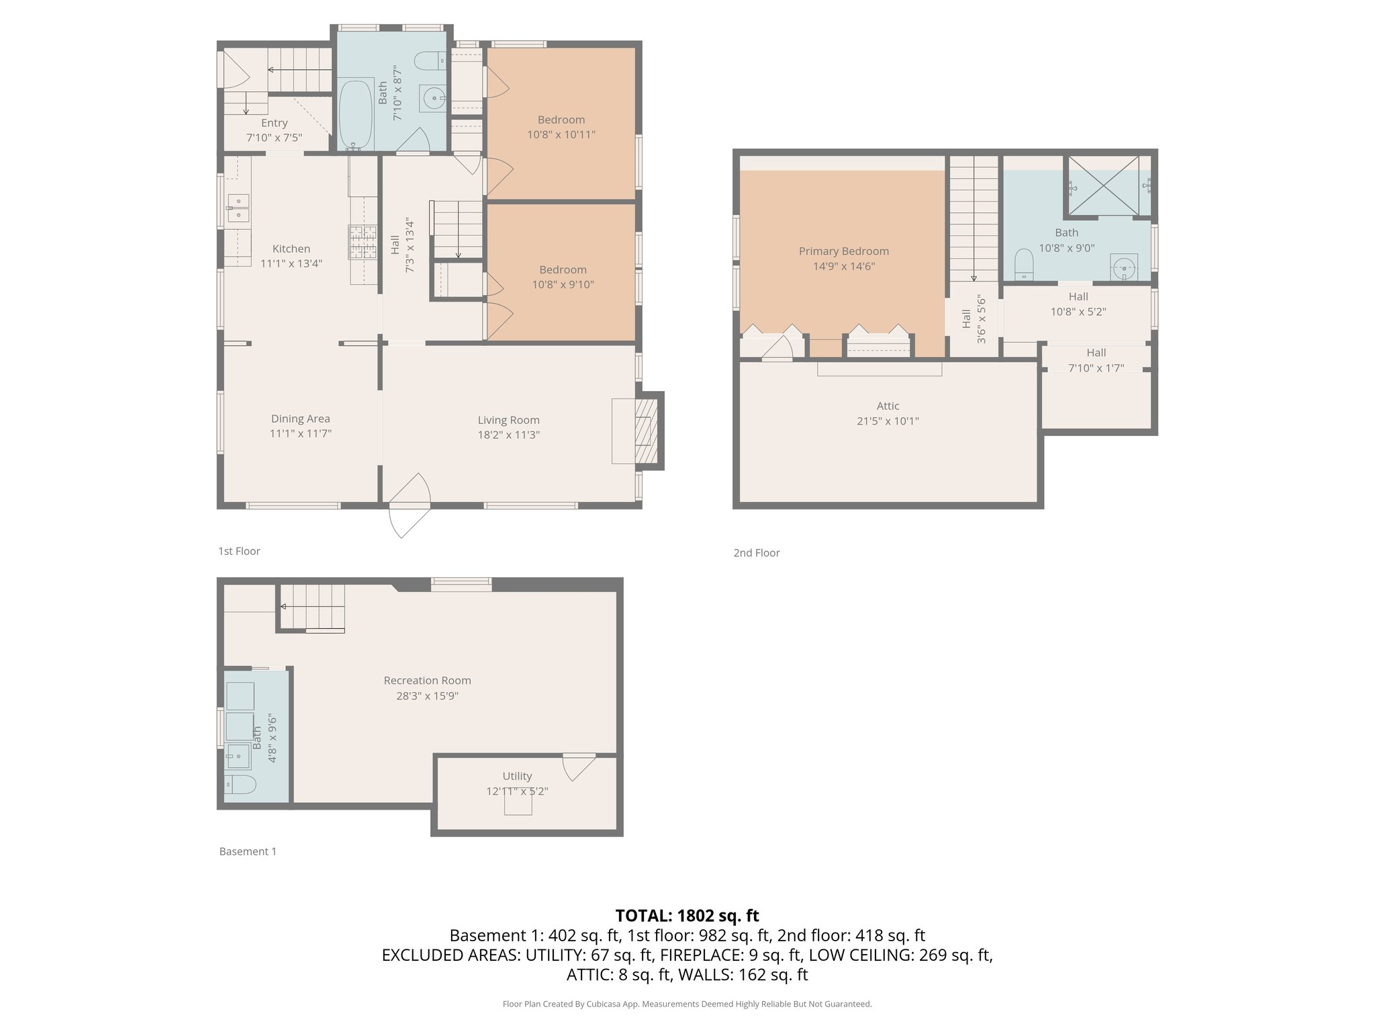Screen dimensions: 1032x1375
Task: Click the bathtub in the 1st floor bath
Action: tap(356, 115)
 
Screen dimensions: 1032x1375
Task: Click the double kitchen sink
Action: tap(238, 208)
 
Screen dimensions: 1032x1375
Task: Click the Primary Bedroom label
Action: tap(843, 251)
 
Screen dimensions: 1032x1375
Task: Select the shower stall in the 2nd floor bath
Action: tap(1103, 186)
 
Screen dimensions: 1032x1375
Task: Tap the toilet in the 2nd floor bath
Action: tap(1023, 264)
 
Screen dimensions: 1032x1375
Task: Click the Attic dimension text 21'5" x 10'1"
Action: tap(888, 421)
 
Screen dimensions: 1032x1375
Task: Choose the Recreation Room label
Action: tap(427, 681)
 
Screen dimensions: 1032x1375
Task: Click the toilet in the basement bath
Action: tap(240, 784)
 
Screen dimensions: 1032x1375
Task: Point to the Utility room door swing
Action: tap(577, 767)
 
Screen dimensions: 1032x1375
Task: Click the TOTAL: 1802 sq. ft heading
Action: tap(687, 916)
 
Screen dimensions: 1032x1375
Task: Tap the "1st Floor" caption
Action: tap(239, 551)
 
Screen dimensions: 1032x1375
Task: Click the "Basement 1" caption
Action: tap(248, 851)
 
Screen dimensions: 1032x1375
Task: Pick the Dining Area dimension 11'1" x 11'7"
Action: tap(300, 434)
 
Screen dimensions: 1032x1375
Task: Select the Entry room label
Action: tap(274, 123)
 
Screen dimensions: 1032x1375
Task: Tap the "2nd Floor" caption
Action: tap(756, 553)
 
